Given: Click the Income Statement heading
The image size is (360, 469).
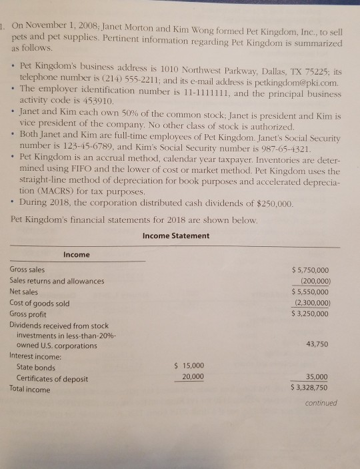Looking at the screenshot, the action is pyautogui.click(x=175, y=236).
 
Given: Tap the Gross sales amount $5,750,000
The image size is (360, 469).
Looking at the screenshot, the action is pyautogui.click(x=310, y=270).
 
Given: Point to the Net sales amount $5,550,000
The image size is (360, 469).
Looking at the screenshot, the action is pyautogui.click(x=310, y=292).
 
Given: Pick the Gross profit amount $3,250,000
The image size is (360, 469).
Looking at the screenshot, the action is pyautogui.click(x=310, y=314).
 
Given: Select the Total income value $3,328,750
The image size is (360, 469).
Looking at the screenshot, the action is pyautogui.click(x=310, y=387).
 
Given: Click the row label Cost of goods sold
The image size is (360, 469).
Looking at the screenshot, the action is pyautogui.click(x=39, y=303).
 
